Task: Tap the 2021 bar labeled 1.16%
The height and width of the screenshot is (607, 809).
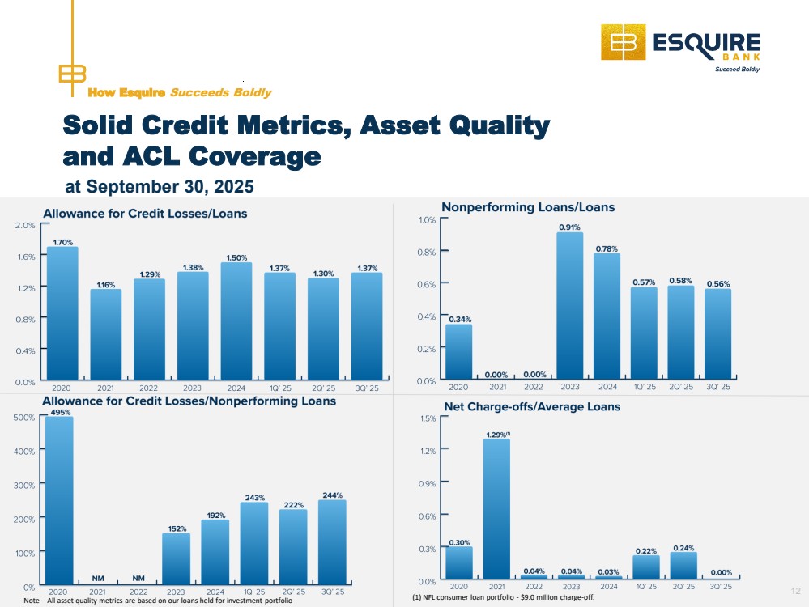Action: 105,335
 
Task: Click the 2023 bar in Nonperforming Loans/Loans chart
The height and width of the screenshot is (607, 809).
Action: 569,307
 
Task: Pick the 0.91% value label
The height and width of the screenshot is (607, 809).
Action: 569,227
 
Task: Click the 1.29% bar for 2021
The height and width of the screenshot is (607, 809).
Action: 496,510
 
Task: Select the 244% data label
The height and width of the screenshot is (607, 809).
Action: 332,495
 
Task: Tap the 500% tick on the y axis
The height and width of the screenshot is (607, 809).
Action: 23,417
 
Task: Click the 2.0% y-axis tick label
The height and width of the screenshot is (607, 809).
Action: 25,225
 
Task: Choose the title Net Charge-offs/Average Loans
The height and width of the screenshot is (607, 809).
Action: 532,406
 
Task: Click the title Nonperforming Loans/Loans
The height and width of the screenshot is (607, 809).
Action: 528,207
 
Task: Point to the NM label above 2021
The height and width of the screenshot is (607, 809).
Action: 98,578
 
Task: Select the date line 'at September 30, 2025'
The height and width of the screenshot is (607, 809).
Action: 160,187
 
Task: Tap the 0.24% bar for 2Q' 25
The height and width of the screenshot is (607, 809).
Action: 683,567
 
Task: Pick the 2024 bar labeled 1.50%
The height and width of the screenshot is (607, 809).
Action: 236,322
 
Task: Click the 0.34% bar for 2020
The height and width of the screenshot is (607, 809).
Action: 458,352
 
